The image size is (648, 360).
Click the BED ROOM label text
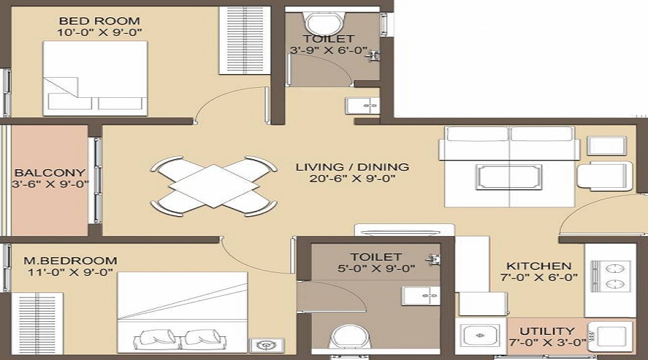(x=99, y=21)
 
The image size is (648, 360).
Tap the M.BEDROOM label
(x=71, y=261)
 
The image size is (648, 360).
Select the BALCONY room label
(x=50, y=172)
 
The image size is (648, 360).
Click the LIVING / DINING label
(x=352, y=167)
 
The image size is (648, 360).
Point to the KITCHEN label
(x=539, y=266)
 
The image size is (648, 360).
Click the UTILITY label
(x=547, y=331)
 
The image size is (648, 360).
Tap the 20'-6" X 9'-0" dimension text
(x=352, y=179)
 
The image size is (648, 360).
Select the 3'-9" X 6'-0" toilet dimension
(x=328, y=50)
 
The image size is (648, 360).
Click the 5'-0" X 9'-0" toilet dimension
(x=376, y=269)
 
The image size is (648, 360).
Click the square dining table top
(x=214, y=186)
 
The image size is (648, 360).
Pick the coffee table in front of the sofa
(x=509, y=177)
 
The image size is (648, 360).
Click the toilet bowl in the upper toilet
(x=324, y=23)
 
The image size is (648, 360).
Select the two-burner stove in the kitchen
(x=611, y=276)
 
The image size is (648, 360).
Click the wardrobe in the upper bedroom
(x=244, y=40)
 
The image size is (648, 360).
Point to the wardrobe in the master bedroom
(x=37, y=323)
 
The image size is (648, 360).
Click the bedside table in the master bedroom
(x=266, y=346)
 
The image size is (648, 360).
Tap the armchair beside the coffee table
(x=605, y=176)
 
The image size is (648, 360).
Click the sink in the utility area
(x=480, y=336)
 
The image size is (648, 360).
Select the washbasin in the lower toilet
(x=421, y=296)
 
